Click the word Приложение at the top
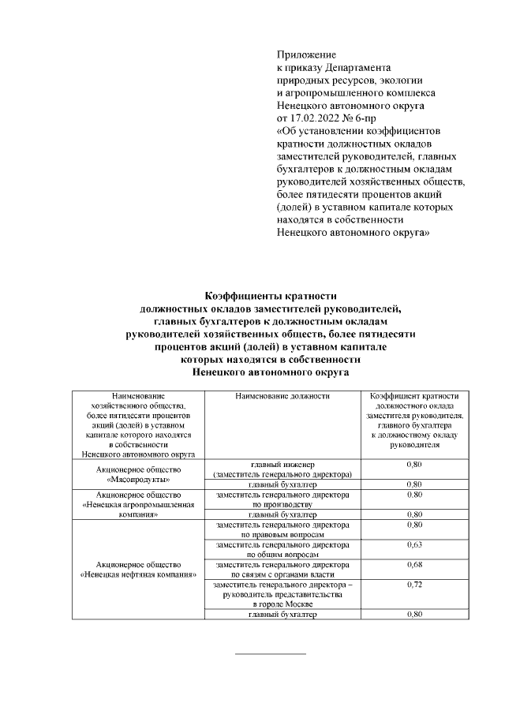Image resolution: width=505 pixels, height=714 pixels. (x=307, y=55)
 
